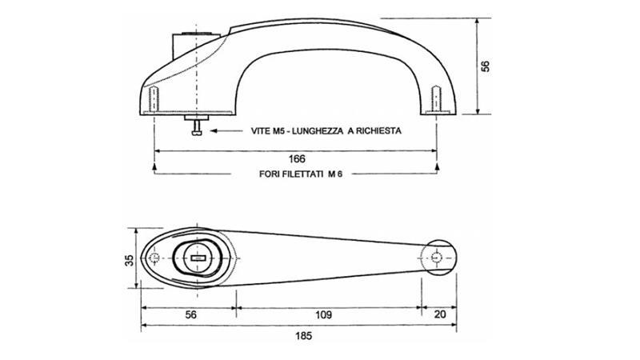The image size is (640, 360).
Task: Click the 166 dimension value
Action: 297,158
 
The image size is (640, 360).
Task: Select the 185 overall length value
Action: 304,335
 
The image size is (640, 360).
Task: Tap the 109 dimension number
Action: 323,314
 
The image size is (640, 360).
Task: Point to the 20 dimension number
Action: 440,314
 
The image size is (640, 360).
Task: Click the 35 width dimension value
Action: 129,261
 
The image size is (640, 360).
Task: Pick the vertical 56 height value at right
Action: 486,66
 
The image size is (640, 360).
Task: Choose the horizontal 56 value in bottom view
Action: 190,314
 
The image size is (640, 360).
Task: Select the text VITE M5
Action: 267,131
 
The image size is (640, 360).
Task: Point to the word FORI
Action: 270,174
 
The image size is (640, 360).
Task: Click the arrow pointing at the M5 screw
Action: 226,131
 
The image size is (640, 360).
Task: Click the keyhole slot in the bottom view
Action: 198,258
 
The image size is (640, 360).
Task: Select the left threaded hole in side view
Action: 154,99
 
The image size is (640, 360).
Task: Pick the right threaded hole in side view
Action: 436,98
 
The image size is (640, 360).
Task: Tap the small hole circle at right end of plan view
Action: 436,258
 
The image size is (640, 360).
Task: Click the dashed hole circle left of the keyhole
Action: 154,258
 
